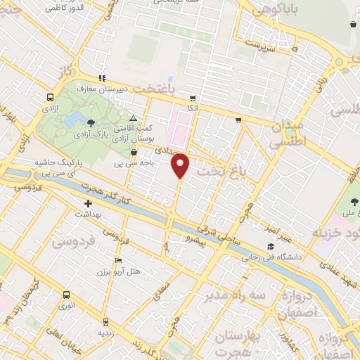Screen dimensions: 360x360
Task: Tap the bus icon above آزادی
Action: click(x=50, y=98)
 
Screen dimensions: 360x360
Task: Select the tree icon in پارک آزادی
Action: click(x=91, y=124)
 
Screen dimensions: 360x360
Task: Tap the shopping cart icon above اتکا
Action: click(x=193, y=99)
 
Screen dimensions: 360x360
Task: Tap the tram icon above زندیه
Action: click(x=105, y=321)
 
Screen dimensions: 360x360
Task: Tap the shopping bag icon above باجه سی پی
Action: click(x=132, y=152)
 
